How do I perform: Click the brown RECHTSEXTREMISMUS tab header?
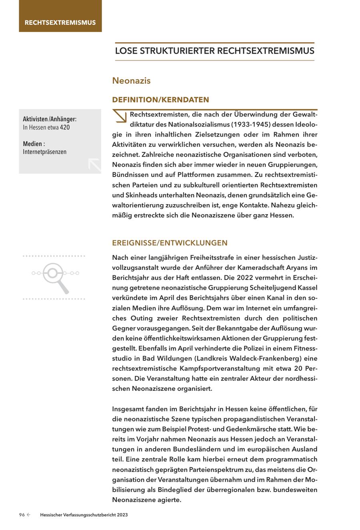pos(60,22)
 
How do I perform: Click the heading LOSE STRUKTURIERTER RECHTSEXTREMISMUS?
pos(214,51)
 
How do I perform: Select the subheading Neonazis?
pos(131,80)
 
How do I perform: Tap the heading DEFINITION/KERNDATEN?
pos(160,99)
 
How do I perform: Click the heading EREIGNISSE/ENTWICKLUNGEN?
pos(170,243)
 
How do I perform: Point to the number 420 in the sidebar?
pos(65,128)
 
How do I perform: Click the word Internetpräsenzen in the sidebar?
pos(45,152)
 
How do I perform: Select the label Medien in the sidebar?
pos(33,144)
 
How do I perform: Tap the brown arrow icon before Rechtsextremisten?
pos(120,116)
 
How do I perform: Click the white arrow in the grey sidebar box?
pos(94,165)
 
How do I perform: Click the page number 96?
pos(22,515)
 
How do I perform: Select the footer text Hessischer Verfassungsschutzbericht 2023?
pos(84,515)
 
